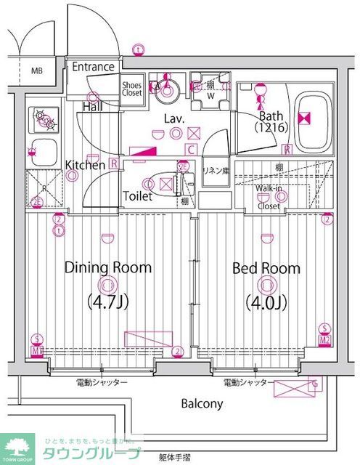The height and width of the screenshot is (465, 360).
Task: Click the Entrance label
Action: pyautogui.click(x=93, y=67)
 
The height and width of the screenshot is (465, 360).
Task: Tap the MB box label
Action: pyautogui.click(x=36, y=71)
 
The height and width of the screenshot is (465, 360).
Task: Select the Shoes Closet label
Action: pyautogui.click(x=131, y=88)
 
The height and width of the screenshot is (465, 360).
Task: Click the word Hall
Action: pyautogui.click(x=91, y=107)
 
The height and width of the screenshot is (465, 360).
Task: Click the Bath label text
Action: pyautogui.click(x=271, y=116)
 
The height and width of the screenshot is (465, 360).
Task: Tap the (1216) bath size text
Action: pyautogui.click(x=272, y=128)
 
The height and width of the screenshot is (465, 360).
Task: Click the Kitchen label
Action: pyautogui.click(x=86, y=165)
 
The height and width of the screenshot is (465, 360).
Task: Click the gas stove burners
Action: pyautogui.click(x=42, y=118)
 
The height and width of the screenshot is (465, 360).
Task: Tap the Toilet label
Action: pyautogui.click(x=137, y=196)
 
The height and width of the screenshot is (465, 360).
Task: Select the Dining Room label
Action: pyautogui.click(x=108, y=267)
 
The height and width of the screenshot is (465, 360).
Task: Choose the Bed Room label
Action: pyautogui.click(x=266, y=268)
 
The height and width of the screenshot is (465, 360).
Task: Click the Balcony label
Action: pyautogui.click(x=202, y=404)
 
